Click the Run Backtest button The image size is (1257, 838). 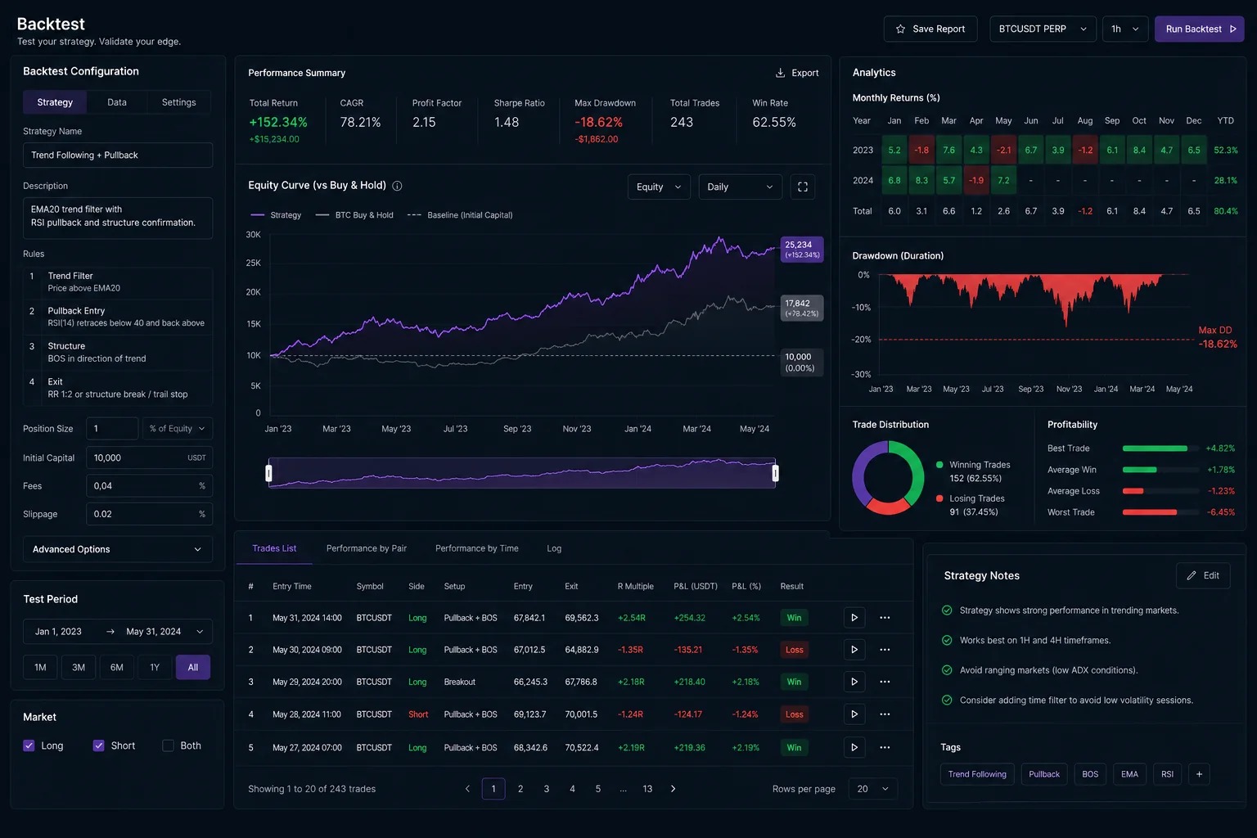click(1199, 29)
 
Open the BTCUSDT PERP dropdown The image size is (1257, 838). click(1043, 29)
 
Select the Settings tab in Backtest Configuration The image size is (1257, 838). click(178, 102)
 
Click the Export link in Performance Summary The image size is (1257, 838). click(797, 73)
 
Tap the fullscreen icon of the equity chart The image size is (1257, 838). click(803, 187)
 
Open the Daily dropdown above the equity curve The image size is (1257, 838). click(740, 187)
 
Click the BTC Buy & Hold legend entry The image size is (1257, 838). click(354, 215)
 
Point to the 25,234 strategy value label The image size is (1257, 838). click(802, 250)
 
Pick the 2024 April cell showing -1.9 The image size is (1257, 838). click(975, 180)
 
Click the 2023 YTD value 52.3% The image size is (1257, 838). click(1226, 150)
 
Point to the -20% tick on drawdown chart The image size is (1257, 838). click(861, 339)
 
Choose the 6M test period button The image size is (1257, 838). click(116, 667)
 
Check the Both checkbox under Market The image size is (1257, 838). click(168, 746)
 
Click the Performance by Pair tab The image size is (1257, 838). click(367, 548)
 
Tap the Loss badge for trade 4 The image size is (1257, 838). click(794, 714)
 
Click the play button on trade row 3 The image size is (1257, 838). click(854, 682)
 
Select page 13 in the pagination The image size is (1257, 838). click(647, 789)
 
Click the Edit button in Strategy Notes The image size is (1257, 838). click(1203, 575)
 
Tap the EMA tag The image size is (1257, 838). click(1129, 774)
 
